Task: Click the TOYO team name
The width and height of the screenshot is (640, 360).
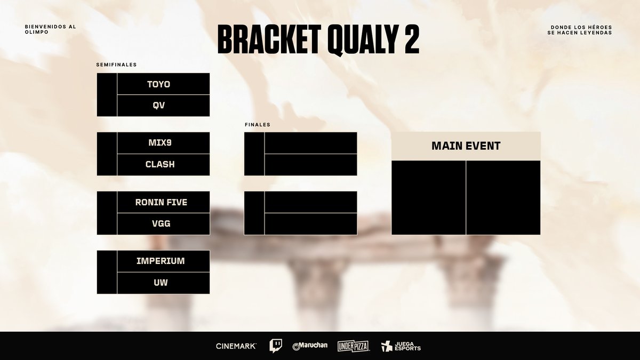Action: pyautogui.click(x=160, y=84)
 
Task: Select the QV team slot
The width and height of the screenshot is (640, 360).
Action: pyautogui.click(x=160, y=106)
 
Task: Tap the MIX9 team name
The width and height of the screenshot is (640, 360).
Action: pyautogui.click(x=160, y=143)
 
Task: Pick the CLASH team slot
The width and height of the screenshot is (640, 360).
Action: pyautogui.click(x=160, y=164)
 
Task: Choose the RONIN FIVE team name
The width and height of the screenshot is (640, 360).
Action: pyautogui.click(x=161, y=203)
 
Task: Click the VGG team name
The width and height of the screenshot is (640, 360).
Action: pyautogui.click(x=160, y=224)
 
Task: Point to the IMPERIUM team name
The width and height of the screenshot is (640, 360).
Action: pyautogui.click(x=160, y=261)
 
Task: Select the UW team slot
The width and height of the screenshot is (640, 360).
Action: pyautogui.click(x=160, y=283)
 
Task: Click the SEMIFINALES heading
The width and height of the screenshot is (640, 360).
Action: pyautogui.click(x=116, y=65)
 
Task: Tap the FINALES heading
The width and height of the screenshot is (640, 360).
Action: pyautogui.click(x=257, y=124)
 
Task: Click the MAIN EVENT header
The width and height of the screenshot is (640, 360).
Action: pyautogui.click(x=466, y=146)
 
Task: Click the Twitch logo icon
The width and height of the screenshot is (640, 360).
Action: pyautogui.click(x=276, y=346)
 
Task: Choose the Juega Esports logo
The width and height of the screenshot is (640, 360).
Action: pyautogui.click(x=401, y=346)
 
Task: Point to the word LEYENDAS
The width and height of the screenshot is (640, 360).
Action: pyautogui.click(x=597, y=33)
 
